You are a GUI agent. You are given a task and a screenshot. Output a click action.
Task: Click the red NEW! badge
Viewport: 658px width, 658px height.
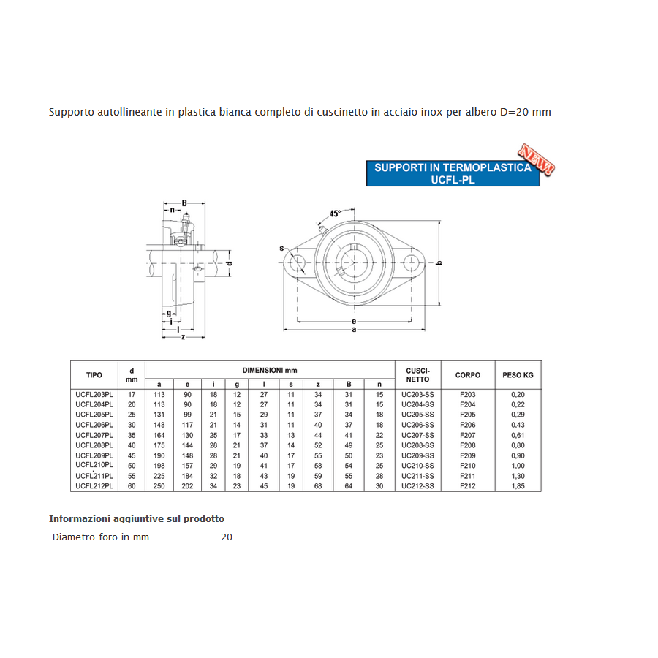tap(537, 159)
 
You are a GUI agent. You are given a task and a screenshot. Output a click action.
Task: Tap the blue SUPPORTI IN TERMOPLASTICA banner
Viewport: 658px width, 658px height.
tap(453, 173)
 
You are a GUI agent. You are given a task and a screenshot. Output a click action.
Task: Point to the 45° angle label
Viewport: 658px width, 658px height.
tap(334, 213)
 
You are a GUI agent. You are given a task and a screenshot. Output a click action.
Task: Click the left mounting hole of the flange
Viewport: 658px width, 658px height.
tap(297, 262)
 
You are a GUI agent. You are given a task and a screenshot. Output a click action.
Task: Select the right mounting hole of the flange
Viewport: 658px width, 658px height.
tap(411, 262)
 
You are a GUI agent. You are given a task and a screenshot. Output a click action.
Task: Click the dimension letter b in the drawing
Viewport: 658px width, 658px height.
tap(439, 263)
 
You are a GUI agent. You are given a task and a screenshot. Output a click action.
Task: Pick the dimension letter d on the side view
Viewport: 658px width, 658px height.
tap(229, 263)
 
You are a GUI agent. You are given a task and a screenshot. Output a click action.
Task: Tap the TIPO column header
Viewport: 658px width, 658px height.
tap(94, 375)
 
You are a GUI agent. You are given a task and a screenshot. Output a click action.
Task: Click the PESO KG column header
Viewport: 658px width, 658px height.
tap(518, 375)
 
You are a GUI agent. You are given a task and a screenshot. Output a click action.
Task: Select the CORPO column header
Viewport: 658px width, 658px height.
tap(467, 375)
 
